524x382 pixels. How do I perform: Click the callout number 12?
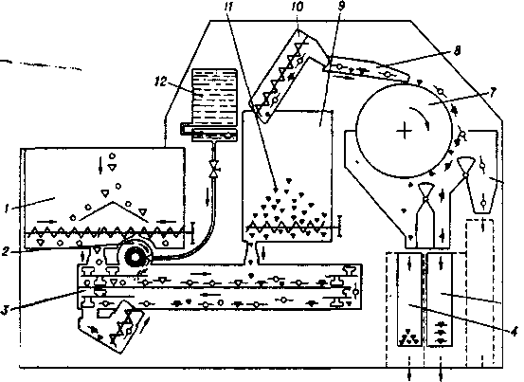tap(161, 82)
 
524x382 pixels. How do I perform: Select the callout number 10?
tap(297, 7)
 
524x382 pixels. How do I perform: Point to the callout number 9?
tap(341, 6)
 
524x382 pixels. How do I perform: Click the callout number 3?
tap(5, 310)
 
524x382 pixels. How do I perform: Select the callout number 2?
tap(5, 251)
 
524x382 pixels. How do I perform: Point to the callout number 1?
tap(7, 209)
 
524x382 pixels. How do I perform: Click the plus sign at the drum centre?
tap(405, 131)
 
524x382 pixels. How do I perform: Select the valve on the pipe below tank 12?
tap(213, 169)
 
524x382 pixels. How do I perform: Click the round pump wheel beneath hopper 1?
tap(136, 257)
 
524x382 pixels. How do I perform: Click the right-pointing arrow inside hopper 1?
tap(45, 221)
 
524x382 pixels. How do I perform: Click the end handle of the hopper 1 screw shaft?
tap(192, 232)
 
